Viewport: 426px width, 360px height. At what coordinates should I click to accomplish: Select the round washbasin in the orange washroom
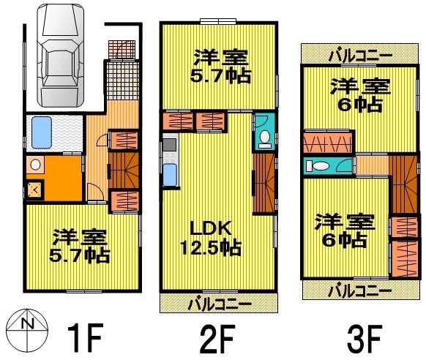pos(34,165)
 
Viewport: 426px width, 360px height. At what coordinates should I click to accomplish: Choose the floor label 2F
pos(218,338)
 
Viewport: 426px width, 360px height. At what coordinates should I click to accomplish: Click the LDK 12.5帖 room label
pos(210,237)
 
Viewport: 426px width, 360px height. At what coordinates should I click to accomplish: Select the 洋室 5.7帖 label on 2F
pos(220,66)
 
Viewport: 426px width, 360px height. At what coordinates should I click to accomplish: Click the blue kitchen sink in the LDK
pos(169,175)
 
